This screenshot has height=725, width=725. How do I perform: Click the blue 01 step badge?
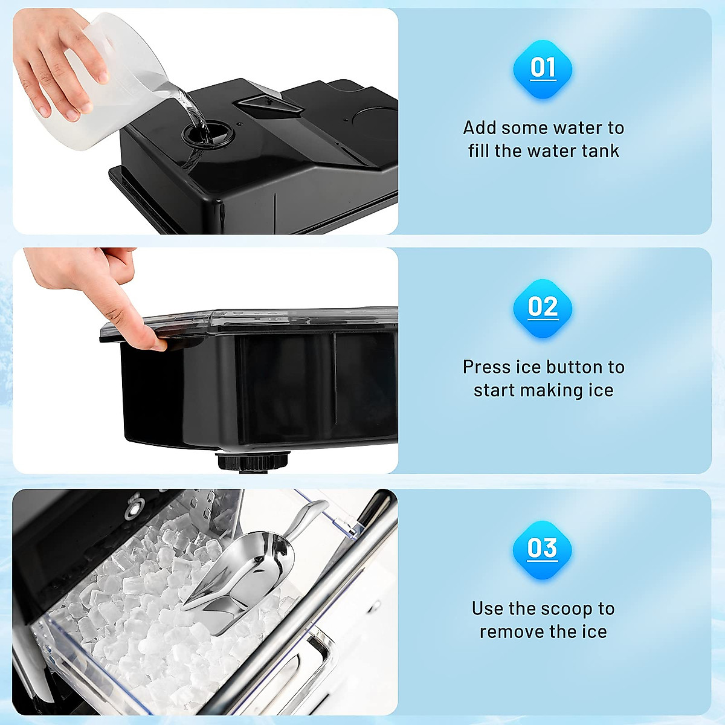(543, 68)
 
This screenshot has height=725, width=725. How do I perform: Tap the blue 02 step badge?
(543, 308)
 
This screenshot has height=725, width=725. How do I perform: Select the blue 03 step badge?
(543, 549)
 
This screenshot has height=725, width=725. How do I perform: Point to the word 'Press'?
(487, 367)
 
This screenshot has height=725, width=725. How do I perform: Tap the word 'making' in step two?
(553, 390)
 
